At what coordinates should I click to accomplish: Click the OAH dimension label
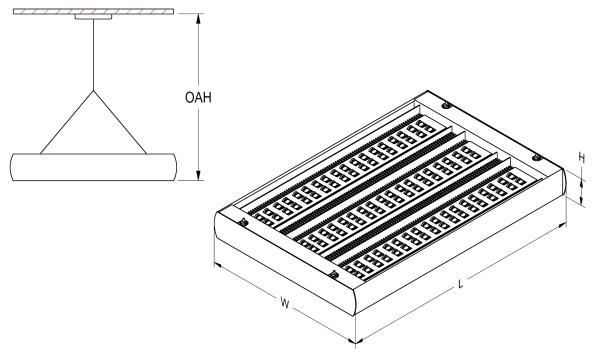[198, 98]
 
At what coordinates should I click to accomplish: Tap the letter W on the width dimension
[284, 303]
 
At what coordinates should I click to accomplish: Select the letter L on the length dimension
[461, 284]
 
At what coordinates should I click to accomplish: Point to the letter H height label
[582, 158]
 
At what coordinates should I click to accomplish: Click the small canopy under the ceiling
[93, 17]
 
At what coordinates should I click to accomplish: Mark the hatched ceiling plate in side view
[93, 11]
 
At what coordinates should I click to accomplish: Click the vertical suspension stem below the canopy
[93, 55]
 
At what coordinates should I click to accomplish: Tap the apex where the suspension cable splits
[93, 91]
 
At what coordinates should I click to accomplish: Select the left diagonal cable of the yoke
[67, 122]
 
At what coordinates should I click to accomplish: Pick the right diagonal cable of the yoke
[120, 122]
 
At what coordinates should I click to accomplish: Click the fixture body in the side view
[93, 167]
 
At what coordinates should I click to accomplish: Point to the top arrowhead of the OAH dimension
[198, 18]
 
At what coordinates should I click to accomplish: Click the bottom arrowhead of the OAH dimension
[198, 175]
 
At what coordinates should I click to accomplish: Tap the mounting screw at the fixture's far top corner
[445, 105]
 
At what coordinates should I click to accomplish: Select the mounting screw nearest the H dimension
[537, 157]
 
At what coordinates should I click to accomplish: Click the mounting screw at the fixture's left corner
[243, 222]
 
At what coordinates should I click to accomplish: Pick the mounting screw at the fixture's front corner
[334, 274]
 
